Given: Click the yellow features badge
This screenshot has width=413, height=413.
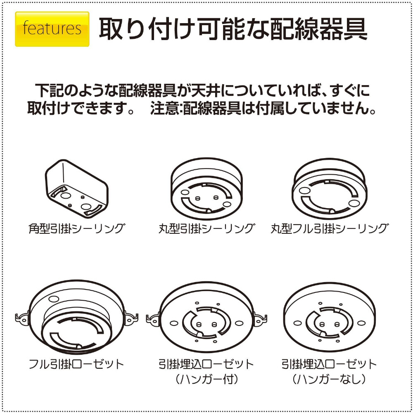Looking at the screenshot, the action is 52,29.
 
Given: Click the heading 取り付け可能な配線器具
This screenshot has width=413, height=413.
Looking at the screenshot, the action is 233,29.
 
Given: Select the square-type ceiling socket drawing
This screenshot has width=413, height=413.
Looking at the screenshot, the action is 77,189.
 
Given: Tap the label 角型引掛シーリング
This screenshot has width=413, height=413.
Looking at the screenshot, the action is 77,228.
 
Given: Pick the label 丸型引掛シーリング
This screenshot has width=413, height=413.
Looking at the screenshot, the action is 207,228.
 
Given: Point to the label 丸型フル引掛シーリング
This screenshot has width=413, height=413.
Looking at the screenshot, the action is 330,228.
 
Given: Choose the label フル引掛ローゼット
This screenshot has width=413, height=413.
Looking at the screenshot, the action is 76,364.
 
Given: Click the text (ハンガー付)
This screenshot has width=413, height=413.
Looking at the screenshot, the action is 206,379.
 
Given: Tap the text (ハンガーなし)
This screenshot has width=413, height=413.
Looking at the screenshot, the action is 329,379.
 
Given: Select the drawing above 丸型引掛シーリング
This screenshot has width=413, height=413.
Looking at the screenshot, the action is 207,189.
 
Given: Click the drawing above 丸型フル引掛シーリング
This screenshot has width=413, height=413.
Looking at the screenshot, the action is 329,189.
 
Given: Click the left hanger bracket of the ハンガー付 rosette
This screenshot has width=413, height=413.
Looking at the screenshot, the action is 153,319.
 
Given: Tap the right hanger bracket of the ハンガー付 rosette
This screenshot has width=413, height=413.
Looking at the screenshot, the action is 260,319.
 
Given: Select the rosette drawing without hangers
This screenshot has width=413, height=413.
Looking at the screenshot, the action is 329,317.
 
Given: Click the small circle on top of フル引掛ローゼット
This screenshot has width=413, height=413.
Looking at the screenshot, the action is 54,299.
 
